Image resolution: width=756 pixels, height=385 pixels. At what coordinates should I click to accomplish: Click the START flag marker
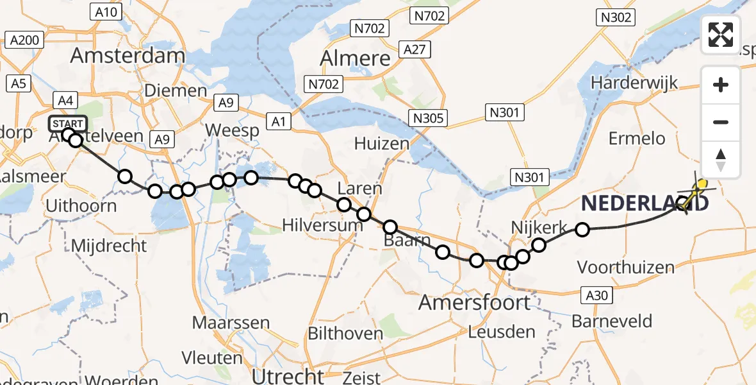pyautogui.click(x=67, y=123)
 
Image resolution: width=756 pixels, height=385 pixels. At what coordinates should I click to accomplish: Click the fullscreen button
pyautogui.click(x=721, y=35)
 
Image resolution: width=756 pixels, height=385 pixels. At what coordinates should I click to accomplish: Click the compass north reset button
pyautogui.click(x=721, y=160)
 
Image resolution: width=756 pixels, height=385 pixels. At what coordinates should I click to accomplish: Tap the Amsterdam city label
pyautogui.click(x=127, y=55)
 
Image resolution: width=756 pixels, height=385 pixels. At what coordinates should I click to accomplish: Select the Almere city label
pyautogui.click(x=355, y=58)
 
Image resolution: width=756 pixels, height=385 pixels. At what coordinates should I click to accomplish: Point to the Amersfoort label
pyautogui.click(x=475, y=302)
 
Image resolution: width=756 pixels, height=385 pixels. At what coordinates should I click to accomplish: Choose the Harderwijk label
pyautogui.click(x=634, y=83)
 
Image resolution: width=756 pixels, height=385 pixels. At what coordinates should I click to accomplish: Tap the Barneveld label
pyautogui.click(x=612, y=321)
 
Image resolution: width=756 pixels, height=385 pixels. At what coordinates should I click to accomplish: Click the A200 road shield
pyautogui.click(x=25, y=40)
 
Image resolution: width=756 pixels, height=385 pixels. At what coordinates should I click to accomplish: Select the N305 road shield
pyautogui.click(x=429, y=117)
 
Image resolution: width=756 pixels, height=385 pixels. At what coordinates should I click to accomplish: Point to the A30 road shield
pyautogui.click(x=598, y=295)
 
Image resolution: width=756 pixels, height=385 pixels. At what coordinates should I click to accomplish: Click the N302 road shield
pyautogui.click(x=616, y=18)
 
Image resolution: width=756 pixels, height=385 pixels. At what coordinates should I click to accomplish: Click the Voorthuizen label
pyautogui.click(x=627, y=267)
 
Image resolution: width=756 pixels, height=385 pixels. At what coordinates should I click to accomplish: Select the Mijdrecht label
pyautogui.click(x=108, y=246)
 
